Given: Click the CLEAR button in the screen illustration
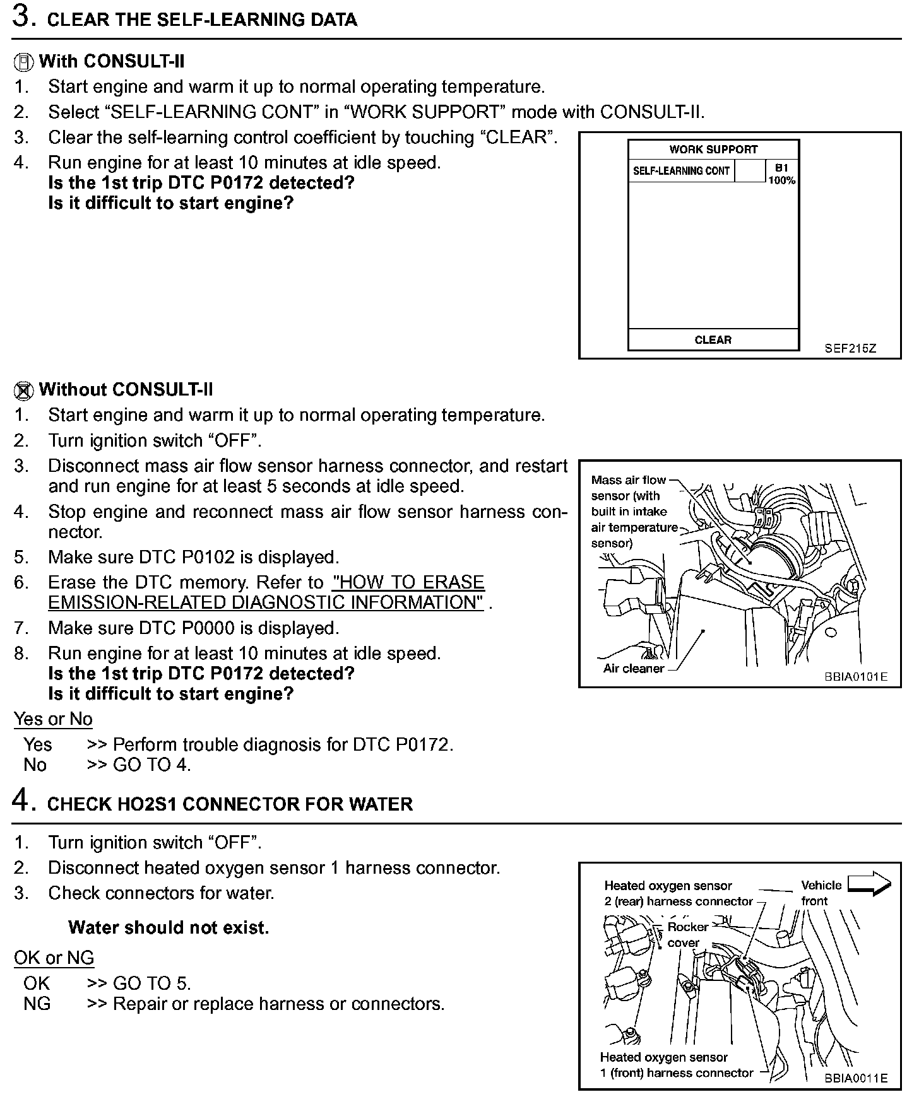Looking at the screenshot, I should [x=713, y=340].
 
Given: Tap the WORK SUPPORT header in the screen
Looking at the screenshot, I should [x=713, y=150].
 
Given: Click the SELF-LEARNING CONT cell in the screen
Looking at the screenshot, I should [x=681, y=171].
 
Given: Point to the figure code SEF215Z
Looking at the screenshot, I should [x=850, y=348].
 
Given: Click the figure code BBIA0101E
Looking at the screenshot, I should [x=855, y=677].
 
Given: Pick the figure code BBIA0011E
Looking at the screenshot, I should [x=855, y=1078].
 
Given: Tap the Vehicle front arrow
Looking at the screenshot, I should [x=869, y=884].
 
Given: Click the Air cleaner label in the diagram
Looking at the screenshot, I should [x=633, y=669].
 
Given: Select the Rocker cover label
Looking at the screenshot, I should [x=687, y=935].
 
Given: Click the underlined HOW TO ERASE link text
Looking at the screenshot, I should [x=408, y=582].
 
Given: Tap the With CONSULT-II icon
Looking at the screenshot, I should [x=23, y=62].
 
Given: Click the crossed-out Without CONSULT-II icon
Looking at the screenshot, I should [x=23, y=390].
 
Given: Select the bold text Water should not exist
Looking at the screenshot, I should [x=169, y=928].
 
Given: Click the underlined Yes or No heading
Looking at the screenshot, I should [x=53, y=719].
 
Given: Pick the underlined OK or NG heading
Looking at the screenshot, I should [x=54, y=958].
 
